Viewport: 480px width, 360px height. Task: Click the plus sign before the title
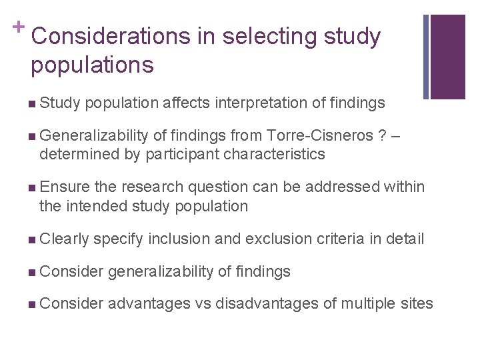[19, 25]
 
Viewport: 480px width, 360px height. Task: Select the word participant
[177, 154]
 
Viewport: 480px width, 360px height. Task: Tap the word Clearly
[63, 239]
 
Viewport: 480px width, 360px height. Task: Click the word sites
[417, 304]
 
